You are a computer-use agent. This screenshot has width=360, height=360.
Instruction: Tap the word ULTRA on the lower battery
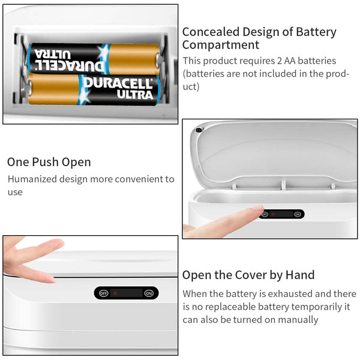(x=135, y=95)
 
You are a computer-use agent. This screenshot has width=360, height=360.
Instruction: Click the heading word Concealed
(x=211, y=32)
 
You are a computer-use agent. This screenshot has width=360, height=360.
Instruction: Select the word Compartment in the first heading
(x=221, y=45)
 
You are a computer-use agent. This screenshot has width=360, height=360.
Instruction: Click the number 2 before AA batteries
(x=280, y=61)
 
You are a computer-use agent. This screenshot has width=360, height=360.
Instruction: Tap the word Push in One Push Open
(x=45, y=162)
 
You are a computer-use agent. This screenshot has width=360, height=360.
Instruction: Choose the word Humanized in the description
(x=32, y=179)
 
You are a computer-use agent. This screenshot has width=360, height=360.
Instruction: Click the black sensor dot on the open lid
(x=199, y=130)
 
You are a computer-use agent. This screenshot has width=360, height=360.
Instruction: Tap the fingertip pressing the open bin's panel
(x=259, y=209)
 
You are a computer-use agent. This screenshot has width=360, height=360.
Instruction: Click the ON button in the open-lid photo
(x=298, y=214)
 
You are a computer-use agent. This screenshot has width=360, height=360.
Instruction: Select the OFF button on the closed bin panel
(x=104, y=293)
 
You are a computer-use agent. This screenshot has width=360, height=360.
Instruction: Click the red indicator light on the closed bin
(x=115, y=293)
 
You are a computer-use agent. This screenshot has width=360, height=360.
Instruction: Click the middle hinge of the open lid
(x=283, y=184)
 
